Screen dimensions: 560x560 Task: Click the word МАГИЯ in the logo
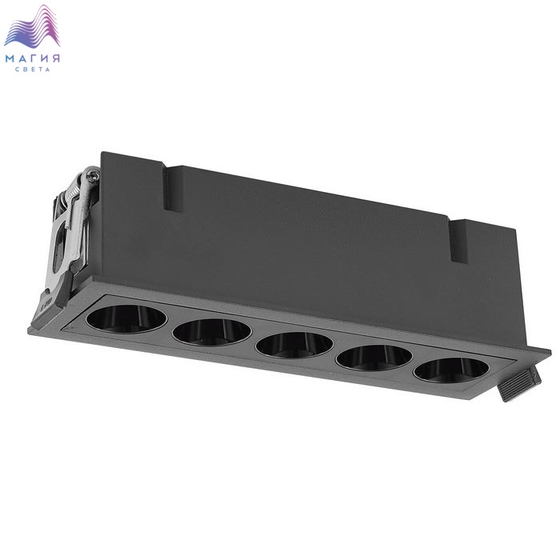(33, 58)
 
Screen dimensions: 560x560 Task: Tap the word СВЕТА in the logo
(33, 70)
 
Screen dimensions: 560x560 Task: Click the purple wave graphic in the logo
(32, 27)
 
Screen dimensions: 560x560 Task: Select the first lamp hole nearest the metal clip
(126, 319)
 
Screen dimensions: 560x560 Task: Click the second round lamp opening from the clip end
(212, 332)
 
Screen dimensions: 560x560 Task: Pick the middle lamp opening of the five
(294, 345)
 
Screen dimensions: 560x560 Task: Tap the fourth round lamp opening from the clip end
(374, 358)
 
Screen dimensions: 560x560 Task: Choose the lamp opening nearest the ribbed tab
(451, 370)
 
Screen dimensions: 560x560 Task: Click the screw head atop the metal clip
(94, 174)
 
